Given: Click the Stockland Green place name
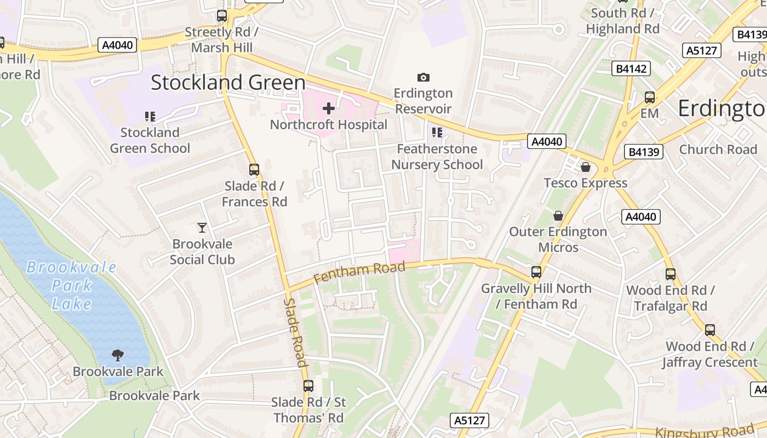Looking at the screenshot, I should click(228, 83).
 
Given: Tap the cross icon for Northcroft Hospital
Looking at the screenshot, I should click(329, 108).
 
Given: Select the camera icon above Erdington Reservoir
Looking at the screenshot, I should click(423, 77).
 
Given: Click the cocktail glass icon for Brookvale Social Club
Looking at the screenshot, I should click(202, 227).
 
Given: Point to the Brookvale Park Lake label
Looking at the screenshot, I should click(72, 285).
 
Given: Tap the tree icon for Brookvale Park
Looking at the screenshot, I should click(118, 355).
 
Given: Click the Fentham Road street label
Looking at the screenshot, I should click(359, 272).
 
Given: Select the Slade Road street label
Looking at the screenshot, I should click(294, 332).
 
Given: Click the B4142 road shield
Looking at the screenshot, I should click(631, 68).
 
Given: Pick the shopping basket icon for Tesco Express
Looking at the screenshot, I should click(586, 166).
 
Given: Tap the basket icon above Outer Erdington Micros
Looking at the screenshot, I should click(558, 216).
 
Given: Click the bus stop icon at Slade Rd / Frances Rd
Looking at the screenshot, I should click(254, 170).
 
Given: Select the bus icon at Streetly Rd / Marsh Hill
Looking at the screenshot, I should click(222, 16).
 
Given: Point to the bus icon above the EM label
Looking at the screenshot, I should click(650, 97).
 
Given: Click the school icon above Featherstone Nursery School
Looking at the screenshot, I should click(437, 132).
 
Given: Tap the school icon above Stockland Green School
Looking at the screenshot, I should click(150, 116).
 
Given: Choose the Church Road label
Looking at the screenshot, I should click(718, 149).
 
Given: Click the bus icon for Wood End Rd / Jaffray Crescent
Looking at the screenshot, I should click(710, 330).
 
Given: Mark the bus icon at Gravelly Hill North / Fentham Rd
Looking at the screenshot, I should click(536, 272).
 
